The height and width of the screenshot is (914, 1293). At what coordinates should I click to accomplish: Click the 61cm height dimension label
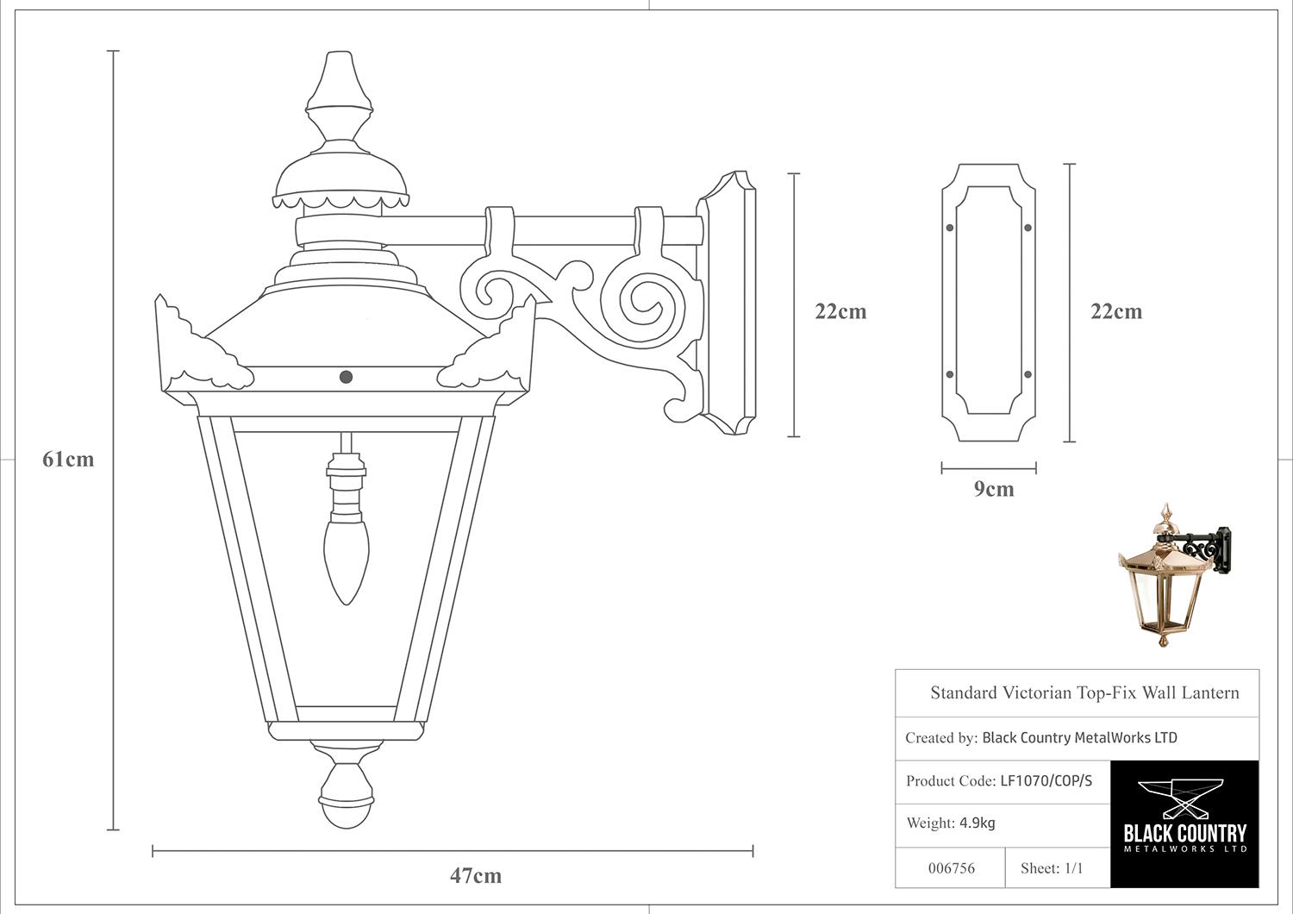coord(68,460)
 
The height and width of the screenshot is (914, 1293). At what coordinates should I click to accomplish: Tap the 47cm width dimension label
coord(476,876)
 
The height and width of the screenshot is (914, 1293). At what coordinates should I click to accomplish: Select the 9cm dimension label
coord(993,489)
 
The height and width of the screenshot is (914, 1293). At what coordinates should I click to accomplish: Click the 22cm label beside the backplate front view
coord(1115,312)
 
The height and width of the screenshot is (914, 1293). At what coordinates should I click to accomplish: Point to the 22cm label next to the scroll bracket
coord(840,312)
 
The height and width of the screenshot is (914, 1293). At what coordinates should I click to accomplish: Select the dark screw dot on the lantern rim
coord(347,377)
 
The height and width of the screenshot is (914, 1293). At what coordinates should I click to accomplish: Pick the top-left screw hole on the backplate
coord(950,228)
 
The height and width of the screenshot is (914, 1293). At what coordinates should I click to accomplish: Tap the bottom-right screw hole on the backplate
coord(1028,375)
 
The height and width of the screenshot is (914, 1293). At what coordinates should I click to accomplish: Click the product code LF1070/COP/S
coord(1046,781)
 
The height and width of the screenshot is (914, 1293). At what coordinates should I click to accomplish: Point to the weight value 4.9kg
coord(978,823)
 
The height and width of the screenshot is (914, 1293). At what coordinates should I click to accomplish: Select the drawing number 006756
coord(952,868)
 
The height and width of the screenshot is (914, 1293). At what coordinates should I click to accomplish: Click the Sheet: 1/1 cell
coord(1052,867)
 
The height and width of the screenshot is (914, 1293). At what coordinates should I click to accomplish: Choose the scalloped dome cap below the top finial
coord(341,180)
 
